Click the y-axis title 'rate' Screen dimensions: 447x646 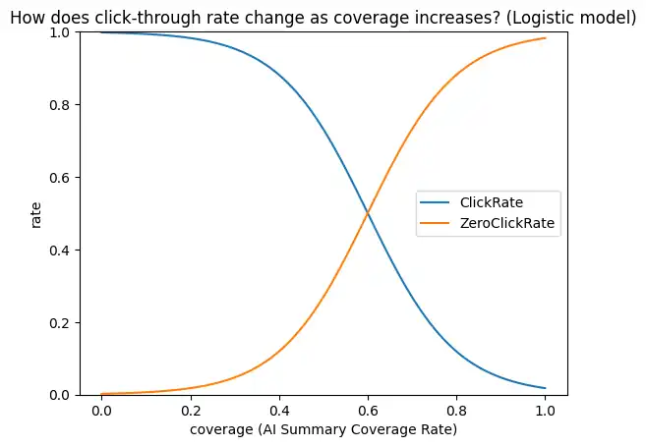click(x=36, y=214)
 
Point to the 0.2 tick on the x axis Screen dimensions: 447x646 click(x=190, y=410)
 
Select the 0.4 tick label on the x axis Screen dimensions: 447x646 click(x=278, y=410)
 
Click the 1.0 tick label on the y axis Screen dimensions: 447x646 click(x=67, y=32)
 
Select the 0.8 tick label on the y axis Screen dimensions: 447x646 click(x=67, y=105)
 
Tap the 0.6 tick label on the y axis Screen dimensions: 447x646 click(x=67, y=178)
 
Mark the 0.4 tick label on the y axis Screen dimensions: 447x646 click(x=67, y=251)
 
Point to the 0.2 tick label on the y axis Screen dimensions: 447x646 click(x=67, y=323)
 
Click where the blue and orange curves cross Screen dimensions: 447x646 click(x=368, y=213)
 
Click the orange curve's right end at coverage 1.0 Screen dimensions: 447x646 click(x=545, y=38)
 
